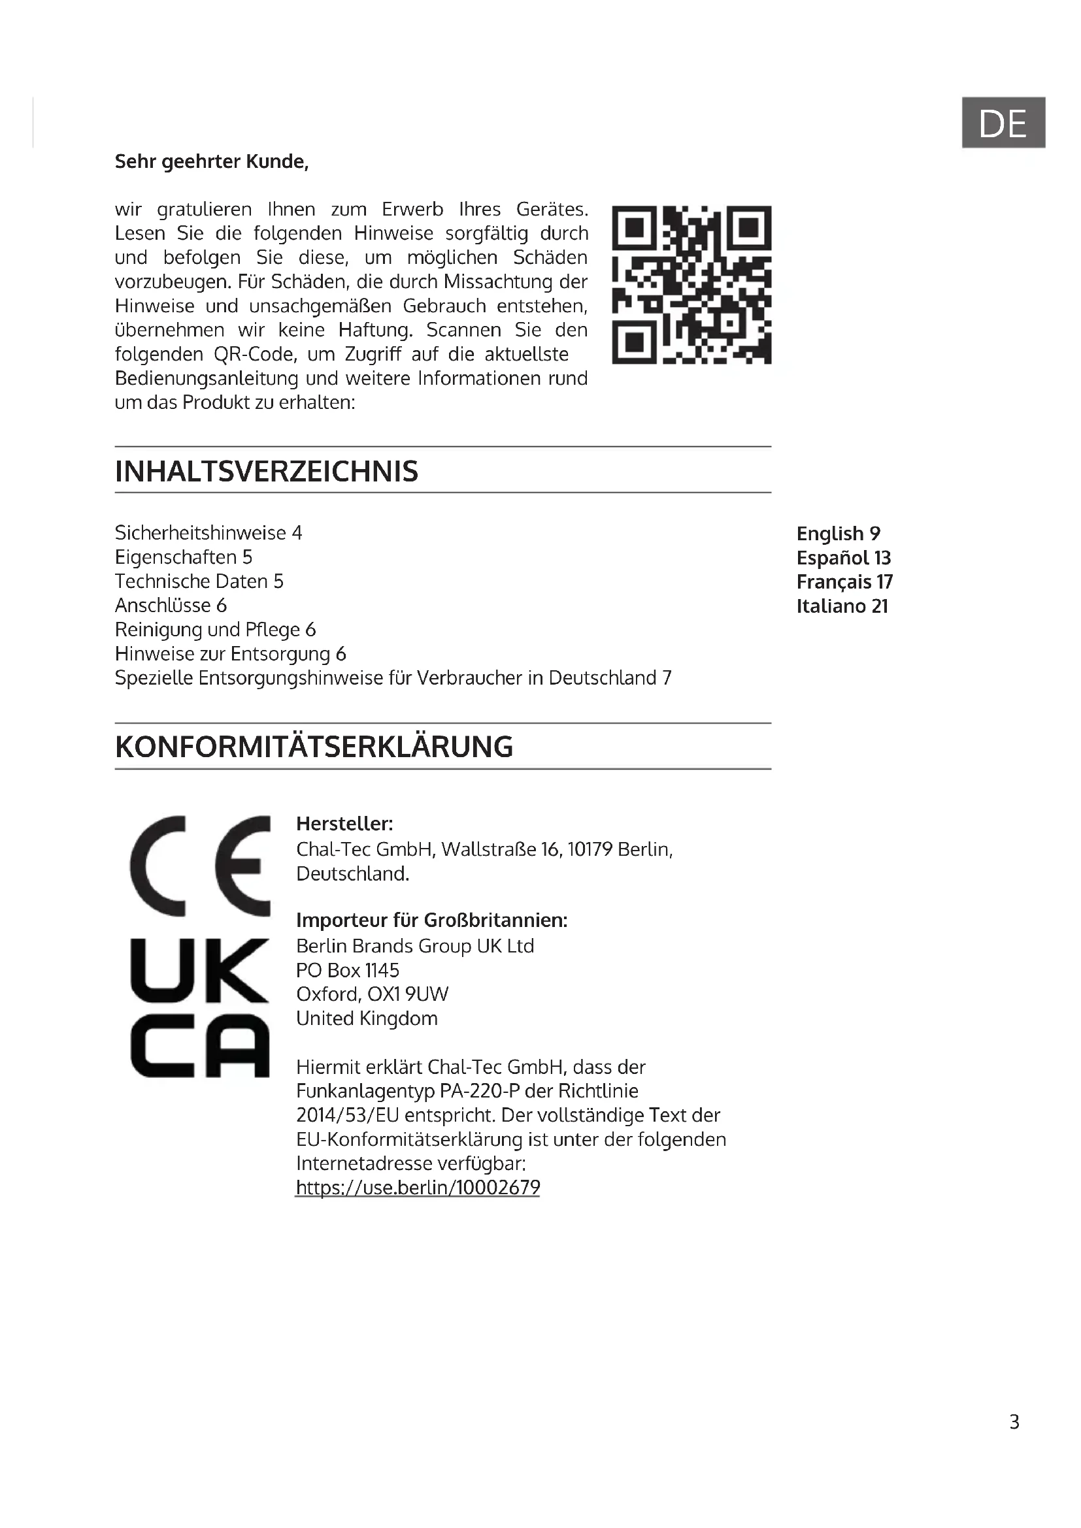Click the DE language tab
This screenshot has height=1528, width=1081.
click(1003, 122)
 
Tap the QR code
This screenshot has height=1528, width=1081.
click(691, 285)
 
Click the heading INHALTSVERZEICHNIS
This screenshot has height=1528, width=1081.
click(266, 471)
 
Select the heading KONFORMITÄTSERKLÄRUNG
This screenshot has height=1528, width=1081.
click(314, 747)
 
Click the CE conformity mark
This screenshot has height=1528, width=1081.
click(200, 865)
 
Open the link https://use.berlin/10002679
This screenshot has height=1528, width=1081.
click(418, 1187)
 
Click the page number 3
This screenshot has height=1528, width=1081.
click(1014, 1422)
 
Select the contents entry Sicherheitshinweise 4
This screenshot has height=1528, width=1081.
click(208, 533)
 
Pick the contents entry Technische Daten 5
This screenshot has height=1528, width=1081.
click(199, 581)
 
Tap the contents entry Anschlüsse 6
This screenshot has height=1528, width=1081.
click(171, 606)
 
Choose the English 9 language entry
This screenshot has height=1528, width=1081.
click(838, 534)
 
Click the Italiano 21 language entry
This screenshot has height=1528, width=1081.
click(842, 606)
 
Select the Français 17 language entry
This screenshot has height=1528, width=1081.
click(844, 582)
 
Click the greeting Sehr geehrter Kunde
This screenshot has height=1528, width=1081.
click(212, 162)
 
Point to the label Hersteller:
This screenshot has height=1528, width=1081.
click(344, 824)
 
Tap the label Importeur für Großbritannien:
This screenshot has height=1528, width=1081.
click(431, 920)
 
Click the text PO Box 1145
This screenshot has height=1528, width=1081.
click(348, 970)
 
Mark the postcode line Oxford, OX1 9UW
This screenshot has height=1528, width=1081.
click(372, 994)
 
